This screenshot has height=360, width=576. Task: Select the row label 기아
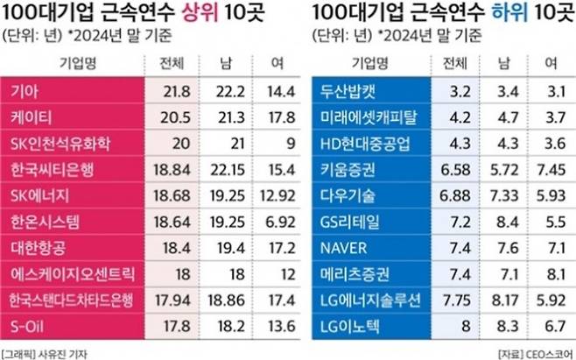[18, 91]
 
